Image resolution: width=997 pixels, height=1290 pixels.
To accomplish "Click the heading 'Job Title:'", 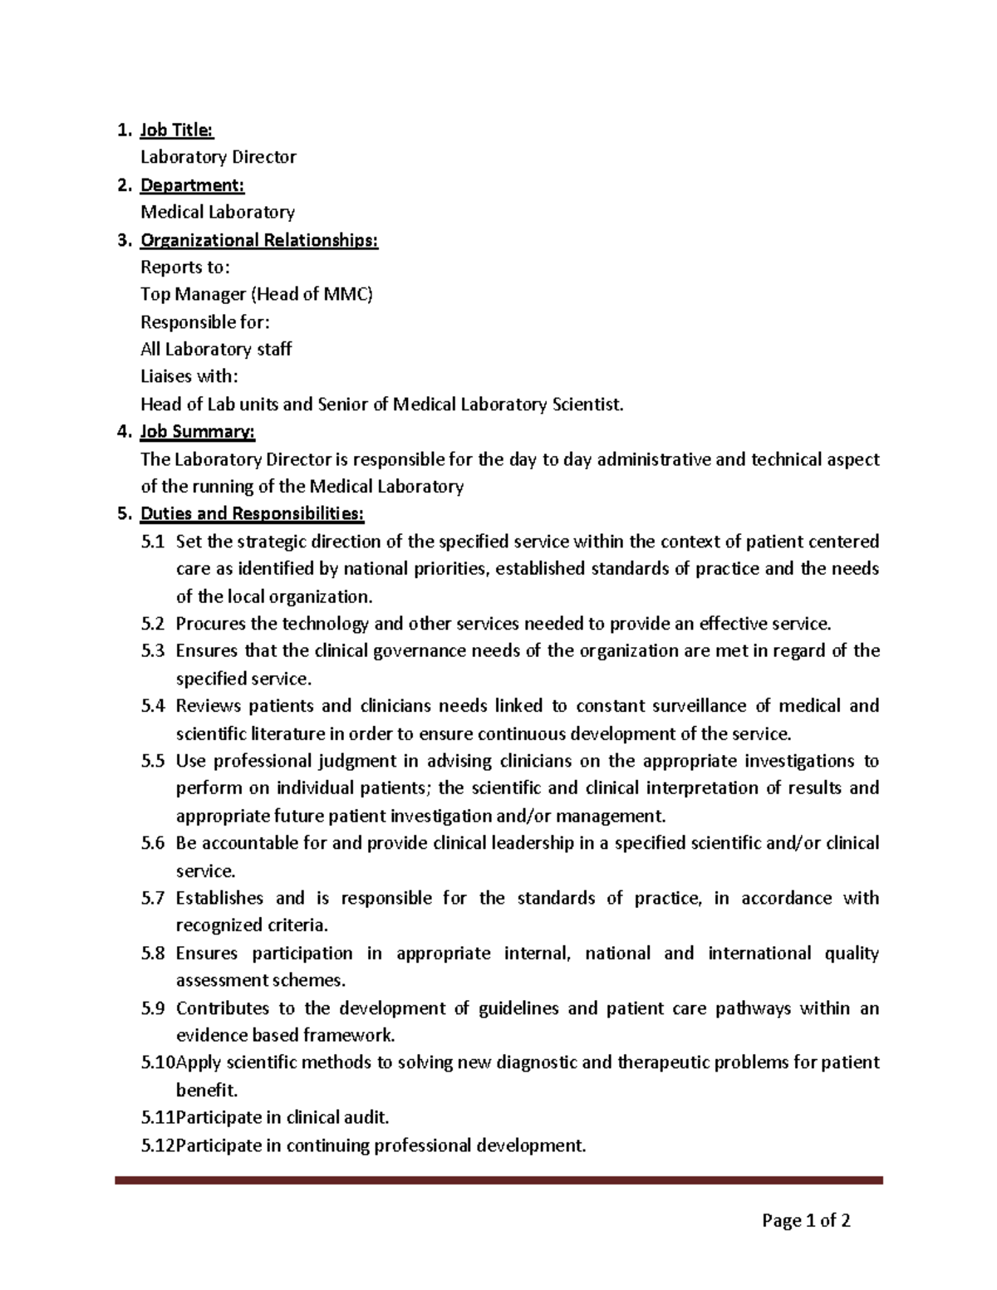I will pyautogui.click(x=176, y=130).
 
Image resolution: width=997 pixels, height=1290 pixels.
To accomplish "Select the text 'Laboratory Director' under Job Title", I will pyautogui.click(x=218, y=157).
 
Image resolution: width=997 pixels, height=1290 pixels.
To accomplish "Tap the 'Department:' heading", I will pyautogui.click(x=192, y=184).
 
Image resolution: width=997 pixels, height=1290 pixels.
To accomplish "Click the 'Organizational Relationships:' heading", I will pyautogui.click(x=258, y=240).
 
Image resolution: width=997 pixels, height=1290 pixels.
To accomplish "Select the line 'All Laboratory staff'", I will pyautogui.click(x=215, y=349).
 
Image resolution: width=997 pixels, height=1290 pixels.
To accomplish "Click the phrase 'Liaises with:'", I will pyautogui.click(x=188, y=376).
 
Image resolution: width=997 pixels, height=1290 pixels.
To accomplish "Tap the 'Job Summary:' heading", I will pyautogui.click(x=197, y=432).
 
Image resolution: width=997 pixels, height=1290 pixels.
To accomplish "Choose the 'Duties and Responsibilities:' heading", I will pyautogui.click(x=252, y=514).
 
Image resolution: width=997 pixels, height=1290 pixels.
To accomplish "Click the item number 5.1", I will pyautogui.click(x=153, y=542).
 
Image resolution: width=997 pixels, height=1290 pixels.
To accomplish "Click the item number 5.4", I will pyautogui.click(x=153, y=706).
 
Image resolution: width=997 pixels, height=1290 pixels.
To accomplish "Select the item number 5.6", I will pyautogui.click(x=153, y=843).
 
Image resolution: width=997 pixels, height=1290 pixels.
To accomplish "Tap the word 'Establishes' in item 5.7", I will pyautogui.click(x=219, y=898).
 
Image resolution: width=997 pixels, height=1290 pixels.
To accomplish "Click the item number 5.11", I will pyautogui.click(x=156, y=1117).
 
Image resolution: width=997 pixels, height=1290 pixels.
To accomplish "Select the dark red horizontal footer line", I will pyautogui.click(x=498, y=1180).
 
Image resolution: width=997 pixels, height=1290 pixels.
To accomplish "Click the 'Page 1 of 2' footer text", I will pyautogui.click(x=805, y=1220).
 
